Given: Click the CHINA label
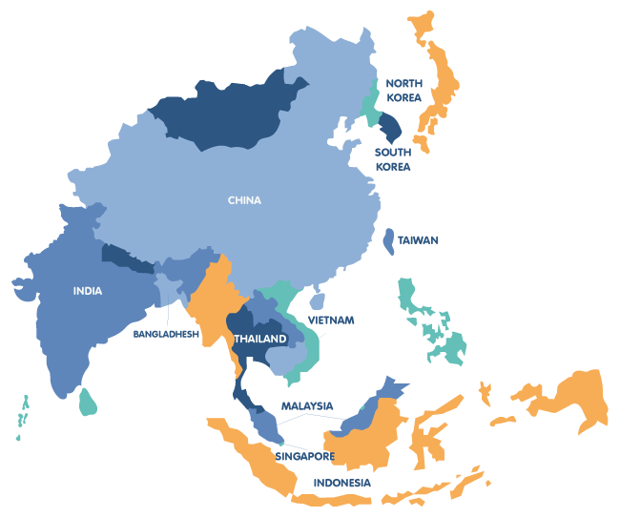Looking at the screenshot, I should point(244,200).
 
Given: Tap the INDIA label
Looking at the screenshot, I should point(88,291).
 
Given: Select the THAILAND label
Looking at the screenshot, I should point(259,340).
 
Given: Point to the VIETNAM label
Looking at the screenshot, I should point(331,321).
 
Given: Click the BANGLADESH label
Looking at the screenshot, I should point(166,335).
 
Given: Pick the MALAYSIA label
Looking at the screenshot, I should point(307,406).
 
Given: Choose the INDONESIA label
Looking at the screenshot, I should point(343,483).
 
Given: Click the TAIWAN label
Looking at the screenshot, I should point(418,240).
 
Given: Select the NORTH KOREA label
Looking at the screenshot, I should point(403,90).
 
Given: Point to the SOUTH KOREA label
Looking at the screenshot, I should point(393,159).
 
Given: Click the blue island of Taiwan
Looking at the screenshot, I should point(389,239).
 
